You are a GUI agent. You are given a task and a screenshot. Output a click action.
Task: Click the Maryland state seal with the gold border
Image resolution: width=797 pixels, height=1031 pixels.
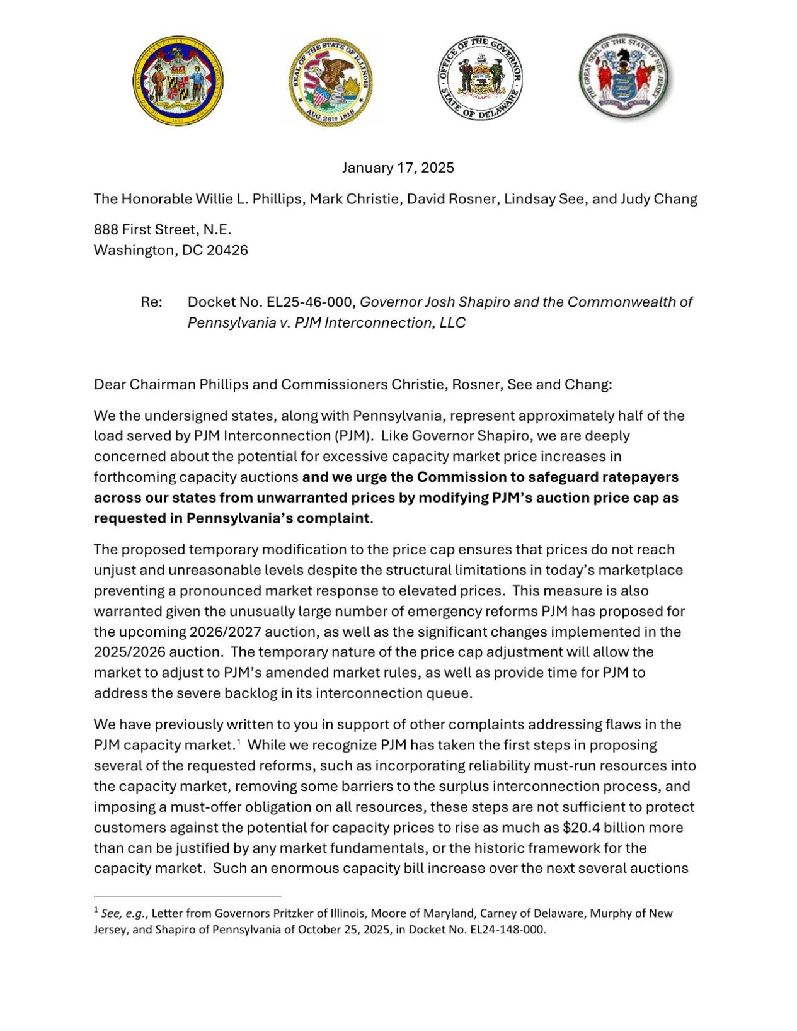178,80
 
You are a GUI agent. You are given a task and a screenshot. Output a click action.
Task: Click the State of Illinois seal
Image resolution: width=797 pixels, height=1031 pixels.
331,81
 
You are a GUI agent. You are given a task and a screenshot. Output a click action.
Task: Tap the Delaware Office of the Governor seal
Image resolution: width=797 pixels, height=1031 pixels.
481,79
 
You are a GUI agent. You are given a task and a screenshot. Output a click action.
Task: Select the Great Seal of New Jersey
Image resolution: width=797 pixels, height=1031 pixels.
625,77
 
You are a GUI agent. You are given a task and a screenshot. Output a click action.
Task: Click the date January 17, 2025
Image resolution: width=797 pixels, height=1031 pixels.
398,168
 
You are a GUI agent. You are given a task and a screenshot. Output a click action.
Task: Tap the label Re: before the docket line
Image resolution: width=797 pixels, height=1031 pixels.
151,302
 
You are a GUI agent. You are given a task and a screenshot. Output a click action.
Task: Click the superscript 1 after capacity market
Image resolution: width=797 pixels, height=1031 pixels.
239,742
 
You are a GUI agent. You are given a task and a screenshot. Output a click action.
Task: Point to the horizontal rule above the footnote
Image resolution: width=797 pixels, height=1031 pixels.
187,896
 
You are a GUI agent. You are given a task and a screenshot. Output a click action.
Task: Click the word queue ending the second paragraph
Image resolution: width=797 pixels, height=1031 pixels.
452,693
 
